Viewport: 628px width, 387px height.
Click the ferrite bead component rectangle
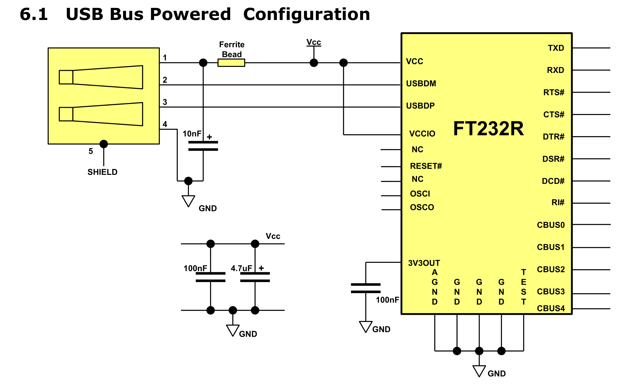pyautogui.click(x=231, y=63)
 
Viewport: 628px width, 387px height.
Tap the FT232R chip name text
pyautogui.click(x=488, y=129)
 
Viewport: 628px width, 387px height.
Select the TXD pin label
pyautogui.click(x=556, y=48)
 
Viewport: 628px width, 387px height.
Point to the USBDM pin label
pyautogui.click(x=421, y=84)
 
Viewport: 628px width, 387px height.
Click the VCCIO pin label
pyautogui.click(x=422, y=134)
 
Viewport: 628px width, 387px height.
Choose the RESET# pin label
pyautogui.click(x=426, y=166)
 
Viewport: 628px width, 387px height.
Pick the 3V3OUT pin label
pyautogui.click(x=424, y=263)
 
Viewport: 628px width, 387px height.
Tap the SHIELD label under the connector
pyautogui.click(x=102, y=172)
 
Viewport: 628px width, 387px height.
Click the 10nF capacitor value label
pyautogui.click(x=192, y=134)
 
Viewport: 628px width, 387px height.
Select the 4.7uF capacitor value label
pyautogui.click(x=241, y=268)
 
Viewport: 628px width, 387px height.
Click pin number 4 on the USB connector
pyautogui.click(x=165, y=124)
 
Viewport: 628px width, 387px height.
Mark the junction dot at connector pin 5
pyautogui.click(x=104, y=144)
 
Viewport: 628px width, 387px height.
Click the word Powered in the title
pyautogui.click(x=190, y=14)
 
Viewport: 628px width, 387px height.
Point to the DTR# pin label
pyautogui.click(x=554, y=137)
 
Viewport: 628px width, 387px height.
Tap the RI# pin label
pyautogui.click(x=558, y=202)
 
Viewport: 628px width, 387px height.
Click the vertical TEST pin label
pyautogui.click(x=524, y=287)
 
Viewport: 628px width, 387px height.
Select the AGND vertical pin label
pyautogui.click(x=435, y=287)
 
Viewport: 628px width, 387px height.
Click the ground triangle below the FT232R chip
pyautogui.click(x=479, y=371)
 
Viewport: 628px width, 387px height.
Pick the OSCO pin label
pyautogui.click(x=422, y=207)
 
